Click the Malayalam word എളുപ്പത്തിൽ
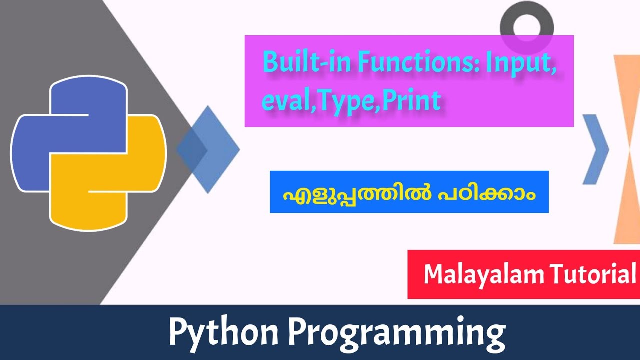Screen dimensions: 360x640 coord(350,193)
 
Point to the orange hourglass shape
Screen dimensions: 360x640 coord(627,150)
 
